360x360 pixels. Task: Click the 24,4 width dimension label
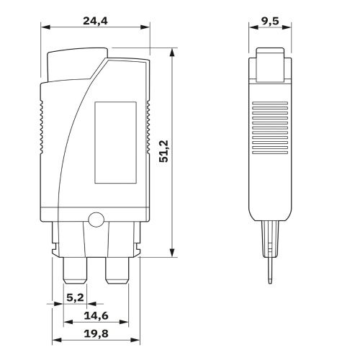point(95,21)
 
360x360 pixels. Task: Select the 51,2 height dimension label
point(164,151)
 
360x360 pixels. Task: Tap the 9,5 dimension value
point(270,21)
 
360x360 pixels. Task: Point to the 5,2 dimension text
point(75,297)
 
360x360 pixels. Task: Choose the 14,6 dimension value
point(96,315)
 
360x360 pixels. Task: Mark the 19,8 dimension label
point(96,333)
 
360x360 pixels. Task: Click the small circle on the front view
point(96,220)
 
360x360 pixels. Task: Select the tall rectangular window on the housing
point(116,143)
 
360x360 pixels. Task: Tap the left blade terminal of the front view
point(75,270)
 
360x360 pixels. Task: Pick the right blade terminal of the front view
point(117,270)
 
